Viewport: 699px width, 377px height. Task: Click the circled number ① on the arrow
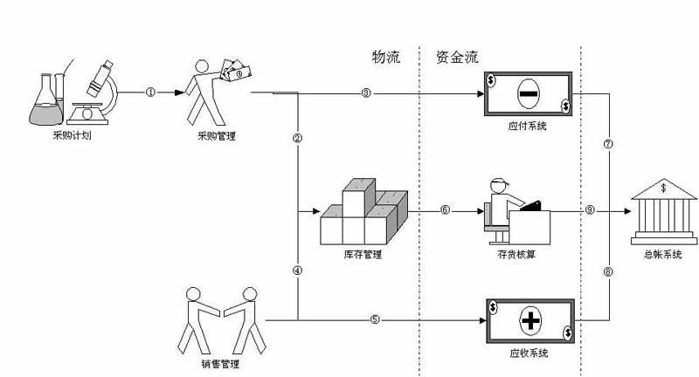tap(150, 92)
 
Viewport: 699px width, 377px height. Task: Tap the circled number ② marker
tap(298, 139)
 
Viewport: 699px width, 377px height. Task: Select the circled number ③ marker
tap(366, 93)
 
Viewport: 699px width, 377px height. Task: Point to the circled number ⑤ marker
tap(375, 319)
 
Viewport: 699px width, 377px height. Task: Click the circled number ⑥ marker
tap(445, 210)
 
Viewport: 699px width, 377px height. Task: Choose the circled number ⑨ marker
tap(590, 210)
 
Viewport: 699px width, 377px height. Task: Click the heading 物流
tap(385, 58)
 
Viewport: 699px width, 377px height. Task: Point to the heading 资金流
tap(457, 58)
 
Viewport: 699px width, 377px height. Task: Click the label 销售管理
tap(219, 364)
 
